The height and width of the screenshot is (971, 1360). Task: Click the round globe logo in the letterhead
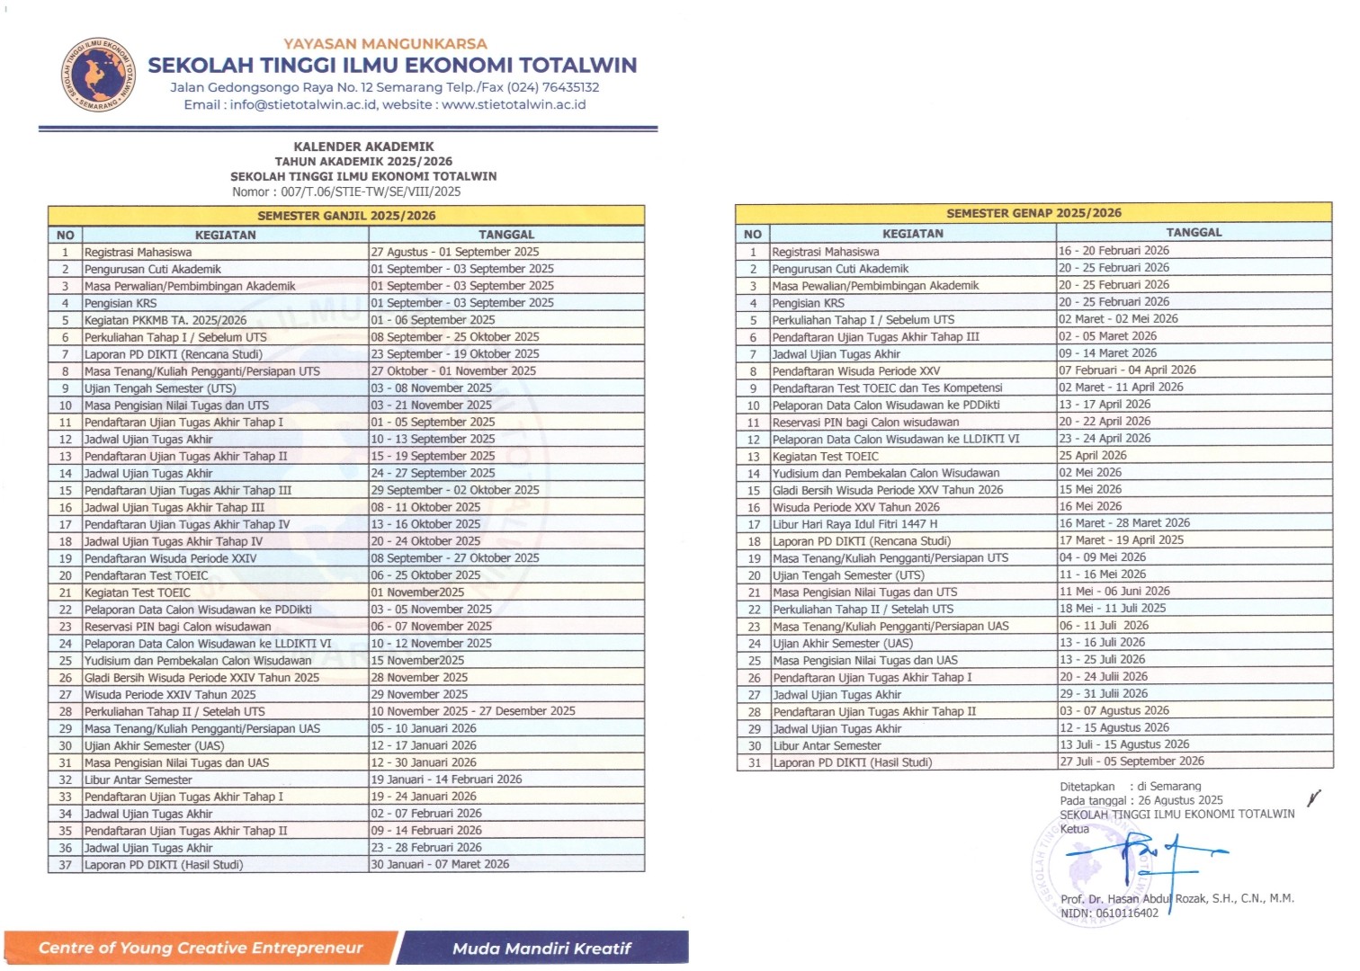[99, 76]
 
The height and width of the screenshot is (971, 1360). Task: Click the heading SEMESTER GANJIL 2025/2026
[346, 216]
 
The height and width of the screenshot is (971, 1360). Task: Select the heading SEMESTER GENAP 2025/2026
[1033, 213]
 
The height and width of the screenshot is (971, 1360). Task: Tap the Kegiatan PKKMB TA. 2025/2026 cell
[166, 320]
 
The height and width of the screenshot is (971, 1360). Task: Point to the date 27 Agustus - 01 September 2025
[455, 252]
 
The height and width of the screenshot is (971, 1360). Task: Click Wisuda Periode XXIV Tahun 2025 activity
[170, 695]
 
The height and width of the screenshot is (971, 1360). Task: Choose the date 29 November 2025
[419, 695]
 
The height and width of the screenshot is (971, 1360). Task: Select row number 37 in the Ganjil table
[65, 865]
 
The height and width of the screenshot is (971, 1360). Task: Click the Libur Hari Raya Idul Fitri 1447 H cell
[854, 524]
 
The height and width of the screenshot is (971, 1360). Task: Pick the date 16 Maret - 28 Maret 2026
[1123, 523]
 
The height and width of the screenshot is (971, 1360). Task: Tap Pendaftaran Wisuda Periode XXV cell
[855, 370]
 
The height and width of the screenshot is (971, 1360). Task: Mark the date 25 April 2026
[1092, 455]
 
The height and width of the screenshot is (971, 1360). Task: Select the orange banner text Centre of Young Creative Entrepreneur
[201, 948]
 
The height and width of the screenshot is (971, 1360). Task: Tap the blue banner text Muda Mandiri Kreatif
[541, 949]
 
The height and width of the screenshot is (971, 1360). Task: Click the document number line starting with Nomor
[346, 192]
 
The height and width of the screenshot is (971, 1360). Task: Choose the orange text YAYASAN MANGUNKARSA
[385, 43]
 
